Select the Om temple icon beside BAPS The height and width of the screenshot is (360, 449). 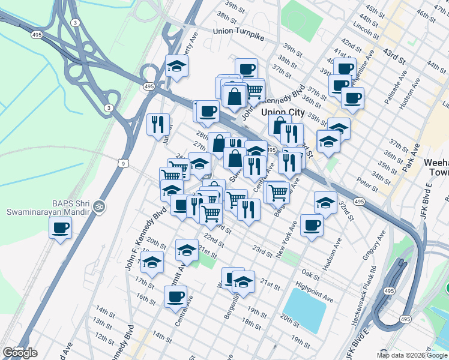click(100, 205)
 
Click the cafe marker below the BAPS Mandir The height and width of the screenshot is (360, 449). click(60, 229)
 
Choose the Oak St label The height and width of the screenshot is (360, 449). click(311, 272)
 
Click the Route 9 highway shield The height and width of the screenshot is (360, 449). click(122, 163)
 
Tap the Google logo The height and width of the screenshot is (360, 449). click(20, 353)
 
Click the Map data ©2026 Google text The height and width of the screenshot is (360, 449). click(412, 355)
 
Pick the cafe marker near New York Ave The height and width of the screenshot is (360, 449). click(312, 226)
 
